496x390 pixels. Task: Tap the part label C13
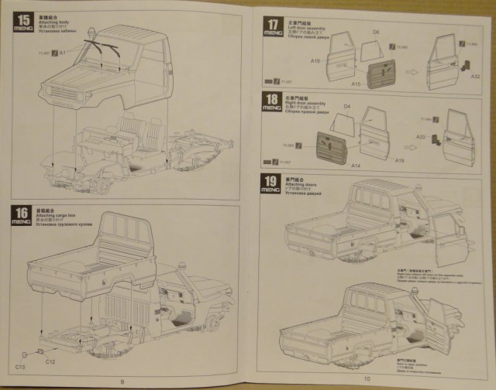pos(21,364)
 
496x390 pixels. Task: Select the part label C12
pos(48,361)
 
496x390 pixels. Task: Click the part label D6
pos(375,32)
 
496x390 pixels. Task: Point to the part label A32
pos(476,77)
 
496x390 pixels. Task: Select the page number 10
pos(367,378)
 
